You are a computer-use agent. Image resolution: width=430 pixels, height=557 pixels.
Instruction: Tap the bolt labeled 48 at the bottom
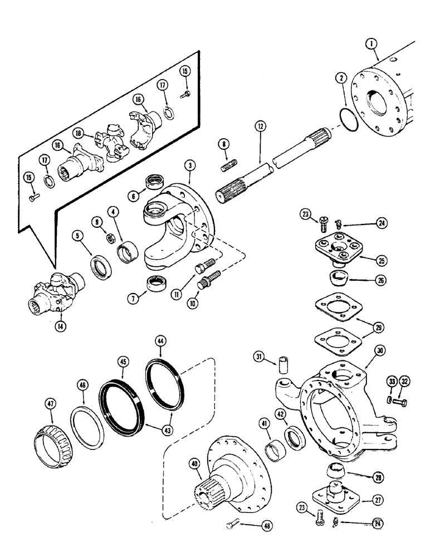click(x=234, y=522)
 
